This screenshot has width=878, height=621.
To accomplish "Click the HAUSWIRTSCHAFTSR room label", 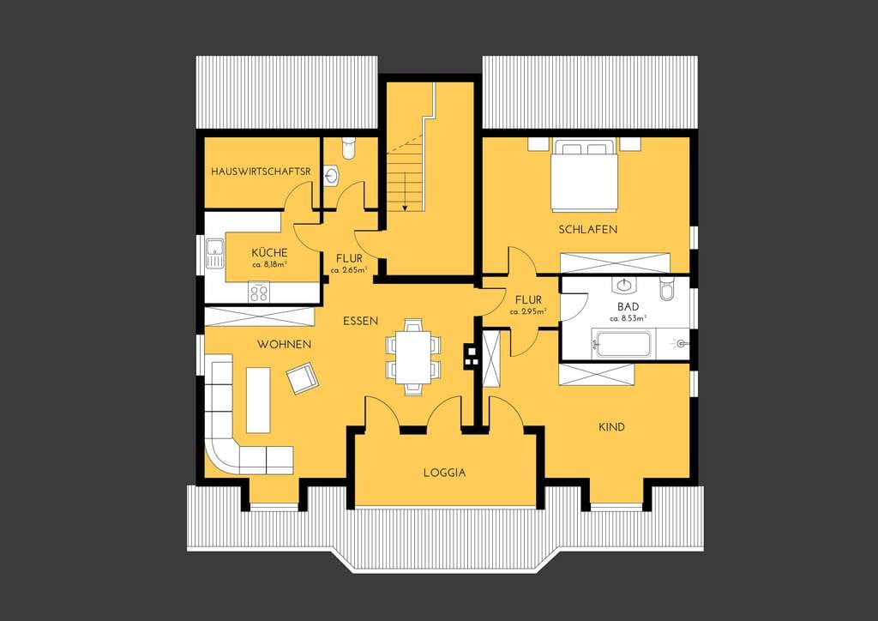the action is point(261,172).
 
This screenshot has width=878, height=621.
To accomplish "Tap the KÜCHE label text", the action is point(269,252).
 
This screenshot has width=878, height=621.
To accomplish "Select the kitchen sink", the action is point(213,254).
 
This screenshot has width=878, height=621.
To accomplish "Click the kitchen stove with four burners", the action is point(259,292).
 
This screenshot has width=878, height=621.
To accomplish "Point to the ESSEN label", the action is point(361,321).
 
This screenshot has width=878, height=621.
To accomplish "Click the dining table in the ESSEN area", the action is point(413,358).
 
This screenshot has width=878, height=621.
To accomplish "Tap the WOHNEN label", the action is point(285,344).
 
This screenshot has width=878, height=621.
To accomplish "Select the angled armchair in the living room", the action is point(302,378).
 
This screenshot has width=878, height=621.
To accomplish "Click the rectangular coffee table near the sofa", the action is point(258,400).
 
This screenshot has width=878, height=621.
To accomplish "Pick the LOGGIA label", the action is point(445,472).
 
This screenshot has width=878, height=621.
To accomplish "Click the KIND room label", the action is point(611,426).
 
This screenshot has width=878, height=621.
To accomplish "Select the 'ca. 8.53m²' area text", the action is point(628,318).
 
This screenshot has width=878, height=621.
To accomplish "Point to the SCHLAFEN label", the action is point(588,229).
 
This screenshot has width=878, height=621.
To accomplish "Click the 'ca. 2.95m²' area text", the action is point(528,311).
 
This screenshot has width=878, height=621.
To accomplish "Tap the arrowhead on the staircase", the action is point(405,208).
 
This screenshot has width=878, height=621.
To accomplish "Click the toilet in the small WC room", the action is point(348,148).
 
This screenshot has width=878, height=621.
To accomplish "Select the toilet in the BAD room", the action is point(666,288).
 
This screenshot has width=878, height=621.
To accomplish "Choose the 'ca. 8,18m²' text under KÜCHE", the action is point(269,263).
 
